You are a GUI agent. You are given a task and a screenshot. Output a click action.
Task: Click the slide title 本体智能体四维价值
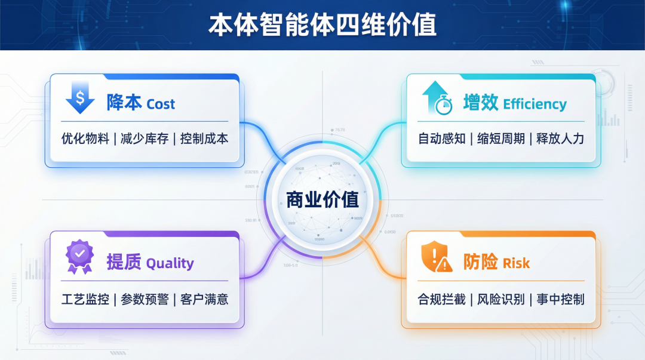coord(322,25)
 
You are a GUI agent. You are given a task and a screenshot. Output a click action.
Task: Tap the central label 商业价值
coord(322,199)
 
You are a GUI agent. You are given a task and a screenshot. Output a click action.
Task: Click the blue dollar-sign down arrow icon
coord(80,99)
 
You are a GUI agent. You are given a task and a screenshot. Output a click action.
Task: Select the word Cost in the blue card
coord(161,104)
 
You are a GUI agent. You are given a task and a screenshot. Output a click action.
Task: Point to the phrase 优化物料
coord(85,139)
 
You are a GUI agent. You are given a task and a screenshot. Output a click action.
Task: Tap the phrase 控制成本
coord(204,139)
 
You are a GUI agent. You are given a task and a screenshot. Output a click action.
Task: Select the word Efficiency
coord(535,104)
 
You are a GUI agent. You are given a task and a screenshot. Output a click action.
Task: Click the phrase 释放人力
coord(560,139)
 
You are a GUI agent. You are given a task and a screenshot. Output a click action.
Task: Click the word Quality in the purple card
coord(170,263)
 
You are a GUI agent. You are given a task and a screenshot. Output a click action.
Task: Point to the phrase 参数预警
coord(145,299)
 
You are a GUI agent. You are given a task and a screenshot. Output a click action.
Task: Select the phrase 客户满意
coord(204,299)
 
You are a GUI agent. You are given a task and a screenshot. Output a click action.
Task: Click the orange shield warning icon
coord(437,257)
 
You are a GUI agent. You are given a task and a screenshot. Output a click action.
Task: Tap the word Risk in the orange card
coord(516,263)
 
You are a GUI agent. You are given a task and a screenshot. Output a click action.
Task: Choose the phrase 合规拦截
coord(442,299)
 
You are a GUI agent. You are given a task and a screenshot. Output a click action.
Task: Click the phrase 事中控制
coord(560,299)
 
